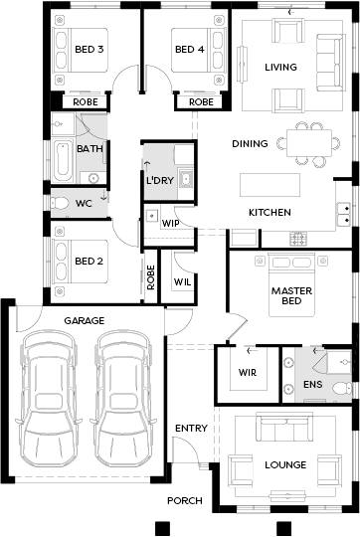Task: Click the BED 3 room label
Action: [x=89, y=49]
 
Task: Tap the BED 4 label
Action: [x=189, y=49]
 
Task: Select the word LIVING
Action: [x=280, y=67]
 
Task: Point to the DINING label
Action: [x=250, y=143]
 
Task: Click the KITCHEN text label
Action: [x=269, y=212]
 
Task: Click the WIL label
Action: [x=183, y=281]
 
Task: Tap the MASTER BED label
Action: [x=291, y=296]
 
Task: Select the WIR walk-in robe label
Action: [x=247, y=373]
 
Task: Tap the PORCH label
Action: [x=184, y=500]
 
